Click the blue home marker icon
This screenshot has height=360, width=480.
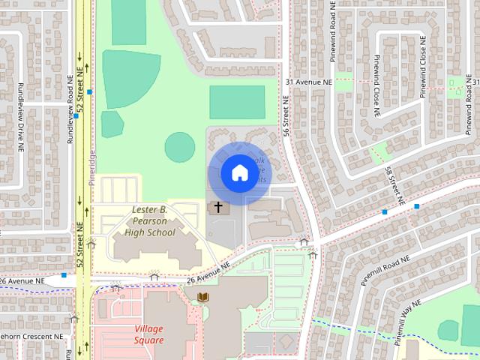239,172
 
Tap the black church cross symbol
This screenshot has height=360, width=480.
218,207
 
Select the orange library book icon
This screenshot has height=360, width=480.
202,298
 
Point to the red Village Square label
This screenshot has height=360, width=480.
148,334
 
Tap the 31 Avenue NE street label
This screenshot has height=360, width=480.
308,81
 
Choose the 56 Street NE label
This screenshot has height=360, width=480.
286,117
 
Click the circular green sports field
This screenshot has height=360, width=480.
180,147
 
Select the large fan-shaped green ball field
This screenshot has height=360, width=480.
129,78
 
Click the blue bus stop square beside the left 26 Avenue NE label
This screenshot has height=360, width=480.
64,275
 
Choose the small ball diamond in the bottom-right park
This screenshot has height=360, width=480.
448,328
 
